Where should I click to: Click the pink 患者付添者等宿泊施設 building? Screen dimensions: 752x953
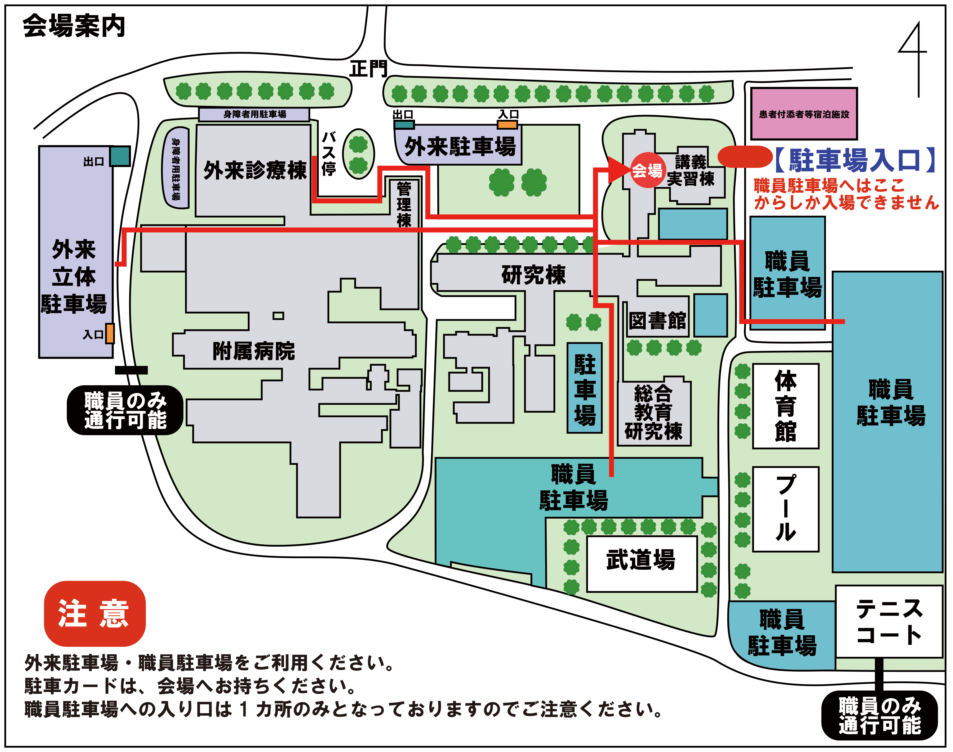coord(804,114)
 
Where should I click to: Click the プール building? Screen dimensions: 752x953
coord(786,509)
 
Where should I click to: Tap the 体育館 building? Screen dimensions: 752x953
coord(786,406)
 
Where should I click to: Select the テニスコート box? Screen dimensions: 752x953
coord(889,621)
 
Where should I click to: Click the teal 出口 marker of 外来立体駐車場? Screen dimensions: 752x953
coord(120,156)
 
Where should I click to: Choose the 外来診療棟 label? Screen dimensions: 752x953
coord(255,170)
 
